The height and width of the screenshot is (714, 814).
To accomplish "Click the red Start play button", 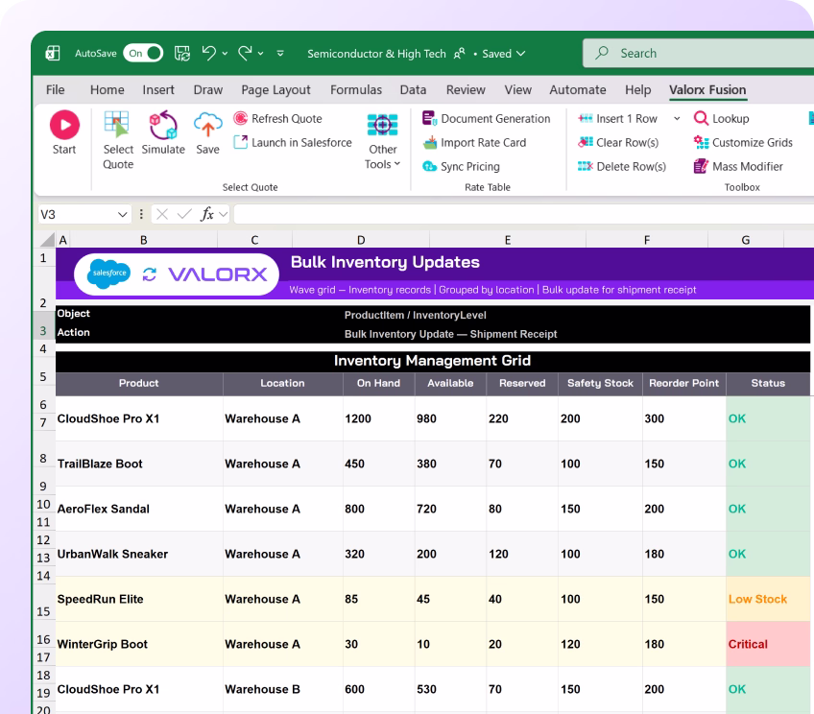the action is click(x=64, y=125).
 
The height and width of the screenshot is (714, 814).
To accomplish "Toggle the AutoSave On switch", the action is click(x=143, y=53).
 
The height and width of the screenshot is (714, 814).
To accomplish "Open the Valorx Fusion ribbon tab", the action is click(x=707, y=90).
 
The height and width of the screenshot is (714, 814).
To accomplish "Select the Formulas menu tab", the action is click(x=355, y=90).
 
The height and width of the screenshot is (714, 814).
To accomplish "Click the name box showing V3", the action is click(x=84, y=214).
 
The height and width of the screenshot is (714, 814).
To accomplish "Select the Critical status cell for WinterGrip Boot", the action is click(x=767, y=644).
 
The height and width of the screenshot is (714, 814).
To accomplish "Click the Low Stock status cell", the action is click(x=767, y=599).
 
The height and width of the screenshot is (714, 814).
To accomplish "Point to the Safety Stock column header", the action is click(x=600, y=383).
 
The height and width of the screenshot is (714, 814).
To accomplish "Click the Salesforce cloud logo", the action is click(x=109, y=273).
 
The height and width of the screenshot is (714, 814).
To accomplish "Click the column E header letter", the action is click(x=508, y=240).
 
